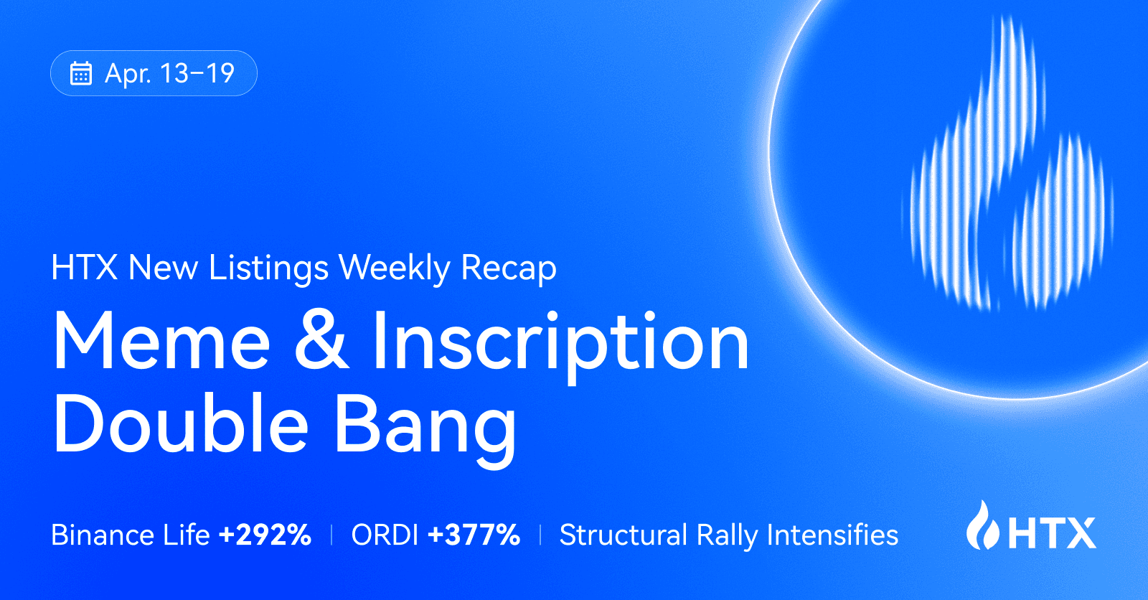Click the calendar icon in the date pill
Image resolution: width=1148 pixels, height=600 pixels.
coord(80,73)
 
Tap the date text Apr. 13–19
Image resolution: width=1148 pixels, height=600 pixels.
coord(169,73)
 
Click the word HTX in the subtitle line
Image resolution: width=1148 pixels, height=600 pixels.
coord(84,268)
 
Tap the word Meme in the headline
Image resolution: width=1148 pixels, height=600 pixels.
coord(161,342)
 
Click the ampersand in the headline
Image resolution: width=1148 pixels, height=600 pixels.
coord(321,341)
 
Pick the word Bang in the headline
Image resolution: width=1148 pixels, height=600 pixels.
coord(425,425)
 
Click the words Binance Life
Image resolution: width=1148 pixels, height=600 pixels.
coord(130,535)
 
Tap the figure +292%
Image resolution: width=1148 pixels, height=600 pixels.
coord(265,535)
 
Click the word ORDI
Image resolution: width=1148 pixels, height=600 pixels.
coord(385,535)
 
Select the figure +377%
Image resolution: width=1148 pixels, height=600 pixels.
coord(474,535)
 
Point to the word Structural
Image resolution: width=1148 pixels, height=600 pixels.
coord(623,535)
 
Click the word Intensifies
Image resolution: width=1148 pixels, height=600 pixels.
coord(832,535)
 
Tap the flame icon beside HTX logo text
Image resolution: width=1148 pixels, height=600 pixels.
coord(982,526)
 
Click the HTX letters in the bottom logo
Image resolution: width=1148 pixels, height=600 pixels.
coord(1053,533)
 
